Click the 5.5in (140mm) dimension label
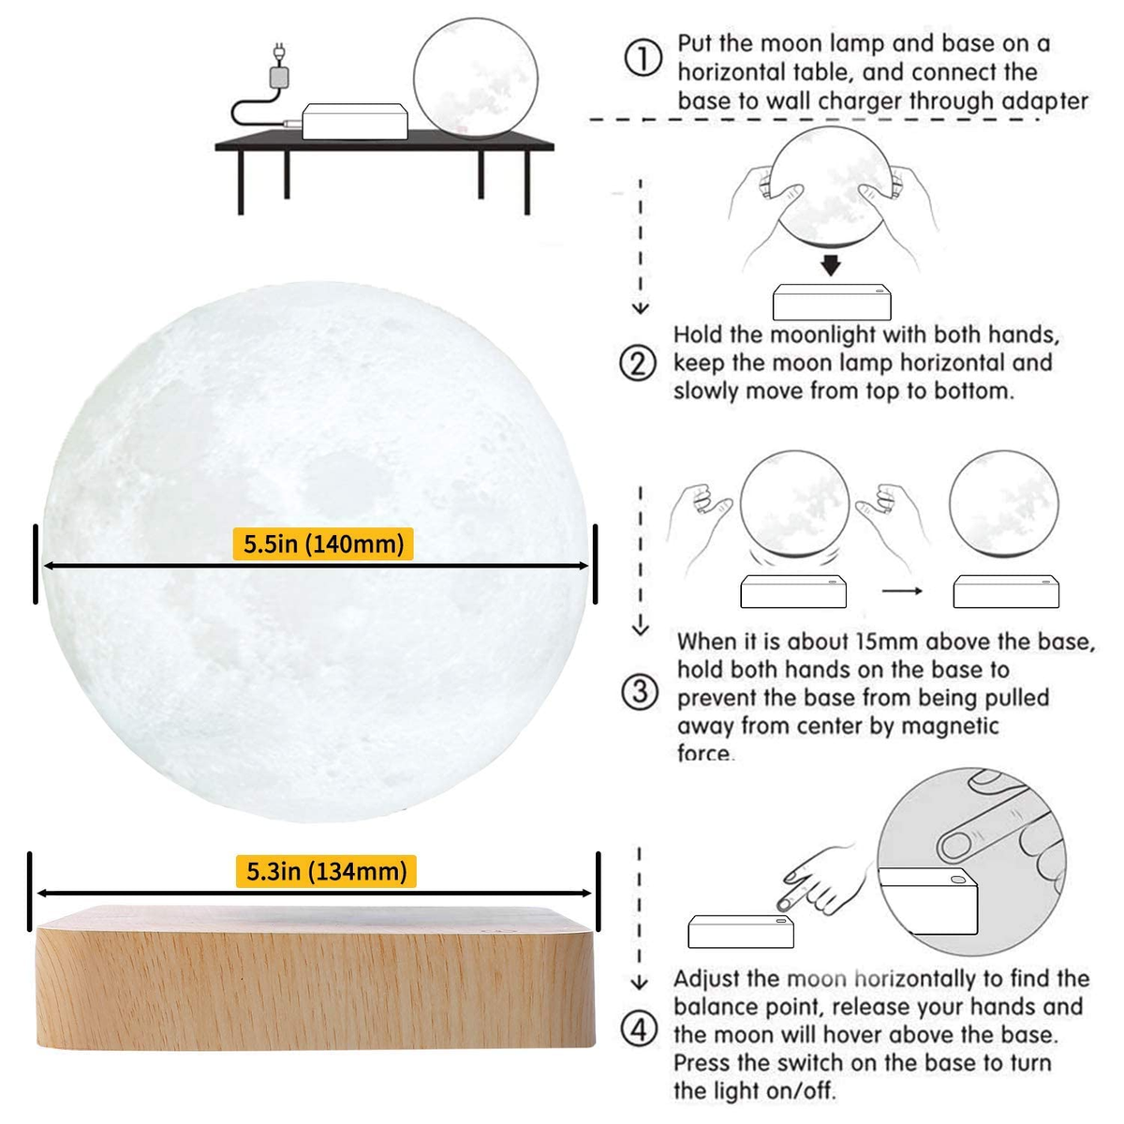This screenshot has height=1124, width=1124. [322, 543]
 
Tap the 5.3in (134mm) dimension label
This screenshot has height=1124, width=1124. [326, 871]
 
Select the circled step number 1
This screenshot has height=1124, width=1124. [643, 58]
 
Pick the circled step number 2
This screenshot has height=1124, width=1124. [638, 362]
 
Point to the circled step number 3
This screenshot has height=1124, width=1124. [640, 692]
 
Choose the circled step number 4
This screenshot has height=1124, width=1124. [640, 1029]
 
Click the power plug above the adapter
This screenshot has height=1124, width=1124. [280, 53]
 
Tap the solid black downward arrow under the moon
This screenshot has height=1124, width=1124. [831, 265]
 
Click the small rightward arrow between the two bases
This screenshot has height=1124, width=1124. [902, 591]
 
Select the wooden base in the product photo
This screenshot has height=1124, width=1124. [316, 976]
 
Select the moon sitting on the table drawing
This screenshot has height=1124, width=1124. [476, 78]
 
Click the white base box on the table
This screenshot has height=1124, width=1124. [355, 122]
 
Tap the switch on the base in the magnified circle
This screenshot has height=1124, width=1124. [957, 879]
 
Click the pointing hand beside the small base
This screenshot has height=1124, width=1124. [825, 882]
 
